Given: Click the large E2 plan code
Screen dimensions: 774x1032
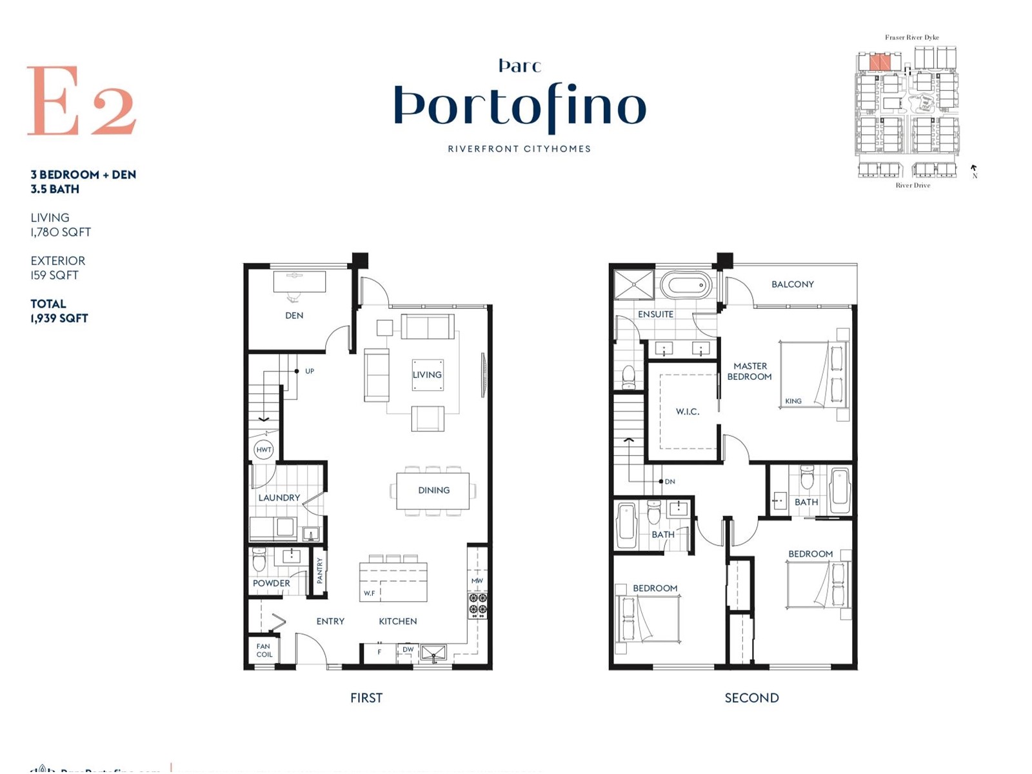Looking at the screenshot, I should click(81, 101).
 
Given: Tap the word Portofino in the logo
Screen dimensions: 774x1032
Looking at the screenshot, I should click(520, 106).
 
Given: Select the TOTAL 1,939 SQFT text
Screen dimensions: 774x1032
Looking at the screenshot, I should click(59, 311).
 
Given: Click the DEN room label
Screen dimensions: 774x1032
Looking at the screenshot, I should click(294, 315).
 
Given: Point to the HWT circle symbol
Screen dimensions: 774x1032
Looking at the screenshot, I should click(263, 450).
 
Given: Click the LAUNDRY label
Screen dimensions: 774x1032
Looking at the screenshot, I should click(279, 497).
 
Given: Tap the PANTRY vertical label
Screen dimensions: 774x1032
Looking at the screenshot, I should click(320, 571).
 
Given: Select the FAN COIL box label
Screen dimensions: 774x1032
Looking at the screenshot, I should click(264, 650).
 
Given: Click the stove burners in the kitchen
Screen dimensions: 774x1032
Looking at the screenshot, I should click(478, 604).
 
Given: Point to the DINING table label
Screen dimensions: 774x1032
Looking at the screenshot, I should click(433, 490).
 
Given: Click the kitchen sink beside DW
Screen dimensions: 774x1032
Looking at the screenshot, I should click(433, 653).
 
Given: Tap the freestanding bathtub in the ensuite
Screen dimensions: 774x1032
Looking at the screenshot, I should click(686, 284).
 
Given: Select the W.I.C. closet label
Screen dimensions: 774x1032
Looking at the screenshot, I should click(688, 412).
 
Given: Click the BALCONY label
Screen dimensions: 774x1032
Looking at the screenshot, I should click(792, 284).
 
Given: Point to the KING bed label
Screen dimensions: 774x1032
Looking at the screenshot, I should click(793, 401).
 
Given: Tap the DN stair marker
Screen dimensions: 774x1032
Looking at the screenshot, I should click(670, 482).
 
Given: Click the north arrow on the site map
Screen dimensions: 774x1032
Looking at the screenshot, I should click(974, 169).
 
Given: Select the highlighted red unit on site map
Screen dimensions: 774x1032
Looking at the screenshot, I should click(880, 63).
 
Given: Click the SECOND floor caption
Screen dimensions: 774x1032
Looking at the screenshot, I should click(751, 698).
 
